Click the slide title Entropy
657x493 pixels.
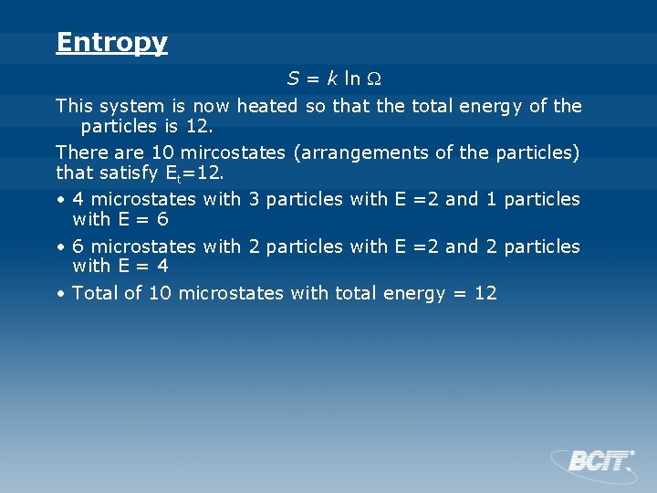click(111, 43)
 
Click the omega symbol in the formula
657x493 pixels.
click(375, 79)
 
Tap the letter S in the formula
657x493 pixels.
click(294, 79)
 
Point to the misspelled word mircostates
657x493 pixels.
click(233, 152)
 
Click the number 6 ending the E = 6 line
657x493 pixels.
click(162, 219)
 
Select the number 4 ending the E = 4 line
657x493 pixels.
click(162, 267)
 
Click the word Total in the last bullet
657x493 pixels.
click(95, 293)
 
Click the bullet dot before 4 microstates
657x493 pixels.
click(59, 199)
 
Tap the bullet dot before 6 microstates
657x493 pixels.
click(59, 246)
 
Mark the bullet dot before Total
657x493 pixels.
click(59, 294)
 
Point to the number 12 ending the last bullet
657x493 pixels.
click(485, 293)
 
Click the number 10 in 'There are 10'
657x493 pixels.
click(165, 152)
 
